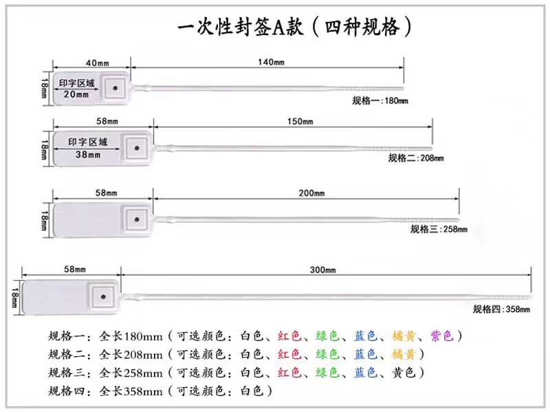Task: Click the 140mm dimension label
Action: pos(271,62)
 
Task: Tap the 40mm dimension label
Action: pos(97,63)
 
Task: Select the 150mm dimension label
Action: pos(300,122)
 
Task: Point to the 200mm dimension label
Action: pos(311,193)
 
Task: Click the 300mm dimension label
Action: pos(322,270)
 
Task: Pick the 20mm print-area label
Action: pos(76,94)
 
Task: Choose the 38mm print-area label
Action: pos(88,154)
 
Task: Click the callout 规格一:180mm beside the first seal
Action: pos(380,100)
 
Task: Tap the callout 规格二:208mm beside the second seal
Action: pos(416,158)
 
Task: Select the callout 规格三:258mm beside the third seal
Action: pos(439,229)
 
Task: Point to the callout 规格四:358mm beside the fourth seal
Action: pos(501,310)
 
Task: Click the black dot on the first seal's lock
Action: pos(115,88)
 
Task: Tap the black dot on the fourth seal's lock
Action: pos(103,297)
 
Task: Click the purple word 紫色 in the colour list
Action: pos(442,336)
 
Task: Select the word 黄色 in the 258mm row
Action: pos(404,372)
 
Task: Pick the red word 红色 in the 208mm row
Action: pos(289,354)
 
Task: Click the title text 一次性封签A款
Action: pos(240,27)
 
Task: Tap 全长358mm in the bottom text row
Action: pos(131,391)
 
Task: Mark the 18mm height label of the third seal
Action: pos(44,220)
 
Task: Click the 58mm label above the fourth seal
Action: pos(75,269)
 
